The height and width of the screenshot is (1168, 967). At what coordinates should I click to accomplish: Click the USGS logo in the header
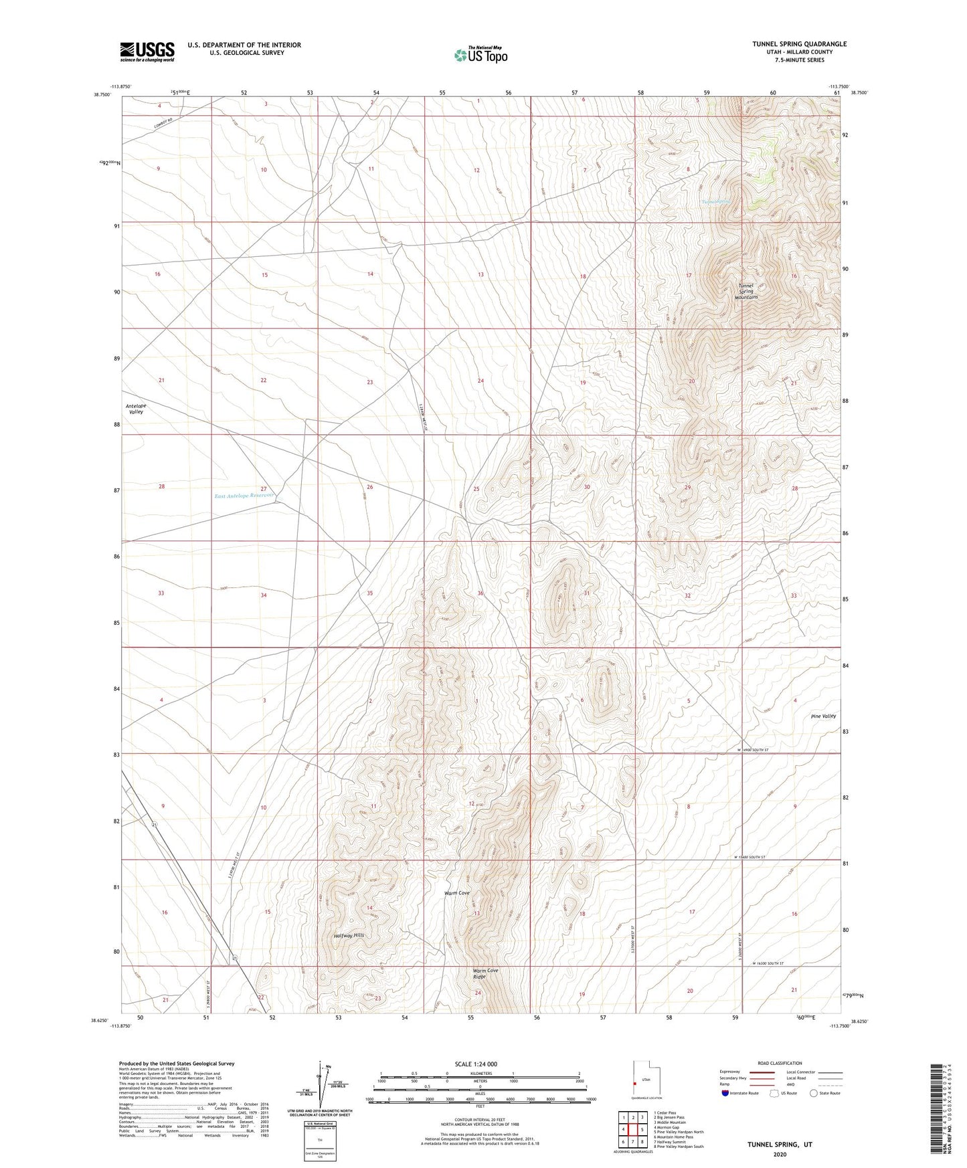(147, 52)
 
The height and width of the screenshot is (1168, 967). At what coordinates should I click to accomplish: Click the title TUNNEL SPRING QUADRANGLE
(799, 44)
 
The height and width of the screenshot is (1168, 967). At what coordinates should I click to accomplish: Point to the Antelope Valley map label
(136, 409)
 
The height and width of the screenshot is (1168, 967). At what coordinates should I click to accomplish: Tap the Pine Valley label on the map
(823, 716)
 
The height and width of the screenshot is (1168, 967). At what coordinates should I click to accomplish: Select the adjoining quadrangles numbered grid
(632, 1130)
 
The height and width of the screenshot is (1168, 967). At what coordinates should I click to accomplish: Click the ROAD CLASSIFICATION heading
(780, 1063)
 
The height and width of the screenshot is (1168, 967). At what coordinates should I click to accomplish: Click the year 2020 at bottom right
(780, 1154)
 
